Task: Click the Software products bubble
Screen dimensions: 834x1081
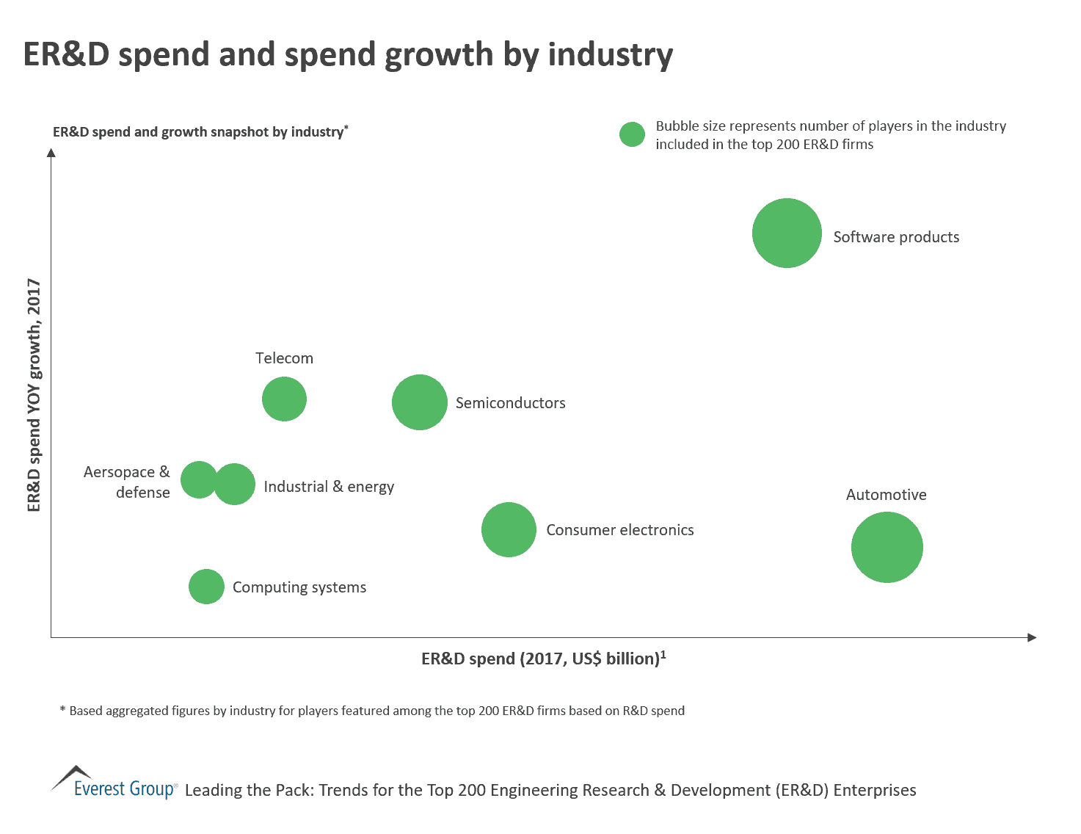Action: coord(787,233)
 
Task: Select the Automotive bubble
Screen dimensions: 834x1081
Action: coord(887,547)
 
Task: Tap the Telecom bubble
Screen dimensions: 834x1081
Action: coord(284,399)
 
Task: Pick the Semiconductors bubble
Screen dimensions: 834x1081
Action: coord(419,402)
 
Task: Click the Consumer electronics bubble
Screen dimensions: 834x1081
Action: coord(509,529)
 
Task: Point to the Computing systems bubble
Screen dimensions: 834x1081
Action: coord(206,587)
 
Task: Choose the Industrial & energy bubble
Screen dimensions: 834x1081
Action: coord(236,485)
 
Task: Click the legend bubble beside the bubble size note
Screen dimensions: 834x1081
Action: coord(631,134)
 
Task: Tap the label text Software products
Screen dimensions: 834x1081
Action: coord(895,237)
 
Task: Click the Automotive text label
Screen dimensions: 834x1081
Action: coord(886,495)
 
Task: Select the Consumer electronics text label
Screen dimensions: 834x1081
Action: coord(619,530)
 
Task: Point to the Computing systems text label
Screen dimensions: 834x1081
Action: coord(299,587)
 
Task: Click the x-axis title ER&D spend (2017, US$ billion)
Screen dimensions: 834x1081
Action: coord(543,659)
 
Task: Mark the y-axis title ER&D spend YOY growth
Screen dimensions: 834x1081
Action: coord(34,394)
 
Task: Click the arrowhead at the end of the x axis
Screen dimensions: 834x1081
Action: coord(1031,637)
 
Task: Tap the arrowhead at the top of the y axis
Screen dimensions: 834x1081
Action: coord(51,153)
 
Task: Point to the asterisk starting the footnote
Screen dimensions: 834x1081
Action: coord(62,709)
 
